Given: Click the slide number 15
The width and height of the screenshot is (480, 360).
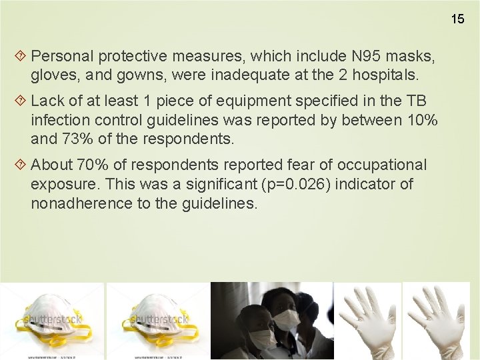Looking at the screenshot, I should [457, 19].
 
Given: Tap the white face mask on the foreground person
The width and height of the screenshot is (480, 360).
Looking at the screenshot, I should [286, 319].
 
